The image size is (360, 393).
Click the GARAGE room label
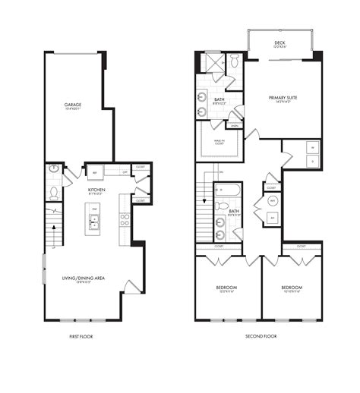point(73,105)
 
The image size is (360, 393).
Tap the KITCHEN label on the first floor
point(96,190)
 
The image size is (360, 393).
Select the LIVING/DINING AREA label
point(84,280)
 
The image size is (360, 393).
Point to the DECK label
point(279,43)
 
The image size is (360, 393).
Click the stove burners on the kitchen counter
point(124,220)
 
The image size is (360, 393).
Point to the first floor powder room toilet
point(53,193)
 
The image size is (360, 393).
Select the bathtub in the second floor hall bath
point(228,189)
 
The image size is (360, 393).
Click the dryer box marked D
point(311,162)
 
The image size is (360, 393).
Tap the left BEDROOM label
point(226,288)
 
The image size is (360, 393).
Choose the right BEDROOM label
point(292,288)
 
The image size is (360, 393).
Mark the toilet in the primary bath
point(235,60)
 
